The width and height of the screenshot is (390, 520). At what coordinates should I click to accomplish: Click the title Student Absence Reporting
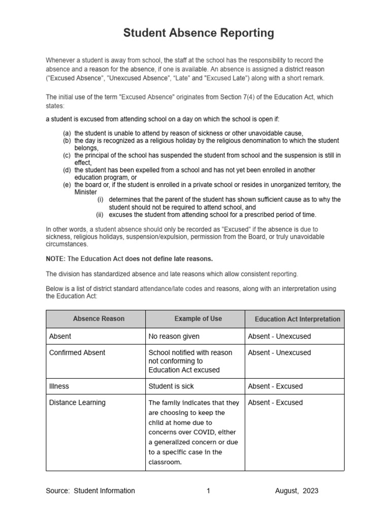click(199, 34)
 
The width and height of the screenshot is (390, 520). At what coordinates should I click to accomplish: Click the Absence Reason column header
click(99, 319)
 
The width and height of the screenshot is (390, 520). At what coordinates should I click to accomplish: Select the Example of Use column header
click(198, 319)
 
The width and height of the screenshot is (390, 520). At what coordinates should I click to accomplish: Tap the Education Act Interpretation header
click(297, 319)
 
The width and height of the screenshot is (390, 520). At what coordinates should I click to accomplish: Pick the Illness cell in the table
click(59, 386)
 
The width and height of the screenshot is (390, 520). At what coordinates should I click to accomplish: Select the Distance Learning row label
click(77, 403)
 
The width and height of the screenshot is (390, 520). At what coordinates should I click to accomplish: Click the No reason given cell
click(174, 336)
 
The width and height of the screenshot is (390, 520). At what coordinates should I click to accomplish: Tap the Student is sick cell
click(171, 386)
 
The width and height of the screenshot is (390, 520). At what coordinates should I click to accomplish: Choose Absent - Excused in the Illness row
click(275, 386)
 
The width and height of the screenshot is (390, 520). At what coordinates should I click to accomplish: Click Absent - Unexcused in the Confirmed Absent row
click(279, 352)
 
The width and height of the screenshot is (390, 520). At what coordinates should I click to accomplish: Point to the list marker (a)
click(67, 133)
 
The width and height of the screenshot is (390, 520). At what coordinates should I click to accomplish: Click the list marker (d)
click(67, 170)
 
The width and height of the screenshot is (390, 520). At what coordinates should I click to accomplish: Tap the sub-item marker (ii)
click(100, 215)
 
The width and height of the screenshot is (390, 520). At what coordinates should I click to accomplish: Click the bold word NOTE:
click(55, 259)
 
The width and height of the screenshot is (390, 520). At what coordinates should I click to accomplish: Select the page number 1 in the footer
click(208, 491)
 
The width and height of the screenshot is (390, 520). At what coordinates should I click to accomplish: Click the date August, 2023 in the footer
click(297, 491)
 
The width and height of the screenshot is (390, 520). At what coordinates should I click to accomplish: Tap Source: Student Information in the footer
click(90, 491)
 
